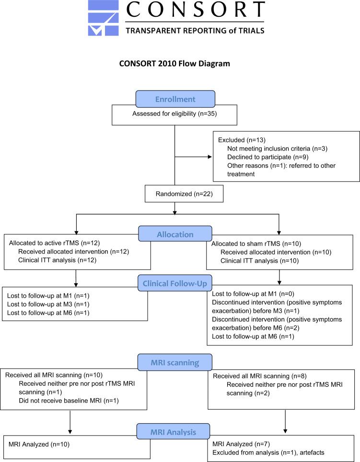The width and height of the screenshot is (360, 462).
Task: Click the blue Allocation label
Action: pos(174,235)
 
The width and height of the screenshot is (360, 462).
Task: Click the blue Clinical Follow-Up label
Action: pos(174,283)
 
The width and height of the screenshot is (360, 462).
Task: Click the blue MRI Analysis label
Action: pos(174,432)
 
